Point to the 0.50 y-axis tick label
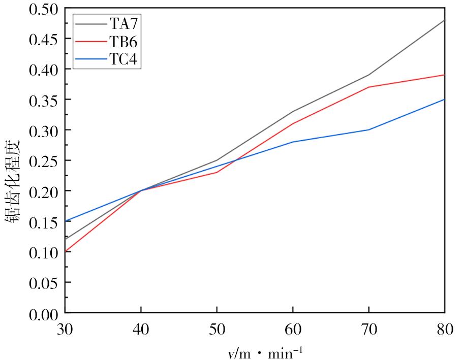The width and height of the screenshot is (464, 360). coord(44,9)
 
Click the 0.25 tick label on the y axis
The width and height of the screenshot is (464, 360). coord(44,160)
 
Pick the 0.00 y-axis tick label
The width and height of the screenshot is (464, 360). coord(44,313)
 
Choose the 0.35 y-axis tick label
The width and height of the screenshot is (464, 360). coord(44,100)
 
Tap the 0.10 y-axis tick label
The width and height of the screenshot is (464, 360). coord(44,252)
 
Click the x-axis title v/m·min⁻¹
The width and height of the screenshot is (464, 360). coord(264,350)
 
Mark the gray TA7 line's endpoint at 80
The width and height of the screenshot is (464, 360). coord(445,20)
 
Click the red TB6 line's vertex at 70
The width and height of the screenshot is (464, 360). coord(369,87)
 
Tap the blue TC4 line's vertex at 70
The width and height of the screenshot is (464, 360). coord(369,129)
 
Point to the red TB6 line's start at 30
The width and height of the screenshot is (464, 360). coord(66,251)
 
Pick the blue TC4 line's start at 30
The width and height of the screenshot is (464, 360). coord(66,221)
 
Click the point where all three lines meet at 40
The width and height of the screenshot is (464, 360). coord(141,190)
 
